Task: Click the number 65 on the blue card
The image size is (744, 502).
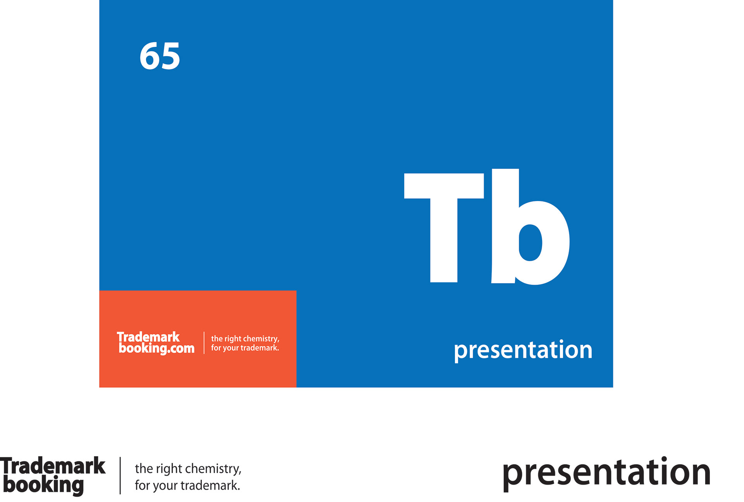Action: click(160, 56)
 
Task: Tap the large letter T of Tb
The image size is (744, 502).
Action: click(444, 228)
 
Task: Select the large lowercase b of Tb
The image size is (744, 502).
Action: click(530, 227)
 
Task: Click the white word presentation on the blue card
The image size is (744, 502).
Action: click(523, 350)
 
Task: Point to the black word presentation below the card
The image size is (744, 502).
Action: click(606, 474)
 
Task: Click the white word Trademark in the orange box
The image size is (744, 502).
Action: click(148, 337)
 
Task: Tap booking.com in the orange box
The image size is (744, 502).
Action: click(157, 348)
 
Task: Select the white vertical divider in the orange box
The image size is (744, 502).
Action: click(204, 343)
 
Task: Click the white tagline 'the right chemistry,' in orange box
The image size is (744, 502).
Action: click(245, 339)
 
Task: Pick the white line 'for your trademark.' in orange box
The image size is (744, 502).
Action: click(245, 348)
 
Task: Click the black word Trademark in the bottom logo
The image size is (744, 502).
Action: click(53, 466)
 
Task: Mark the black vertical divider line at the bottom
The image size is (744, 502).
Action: click(120, 476)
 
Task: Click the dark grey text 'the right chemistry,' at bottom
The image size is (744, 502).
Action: click(188, 469)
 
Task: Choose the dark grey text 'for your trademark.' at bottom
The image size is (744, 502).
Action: click(188, 485)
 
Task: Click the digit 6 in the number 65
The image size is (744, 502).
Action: click(149, 56)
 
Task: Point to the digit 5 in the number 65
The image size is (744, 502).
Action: click(170, 57)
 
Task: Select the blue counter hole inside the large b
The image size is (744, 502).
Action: click(530, 243)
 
